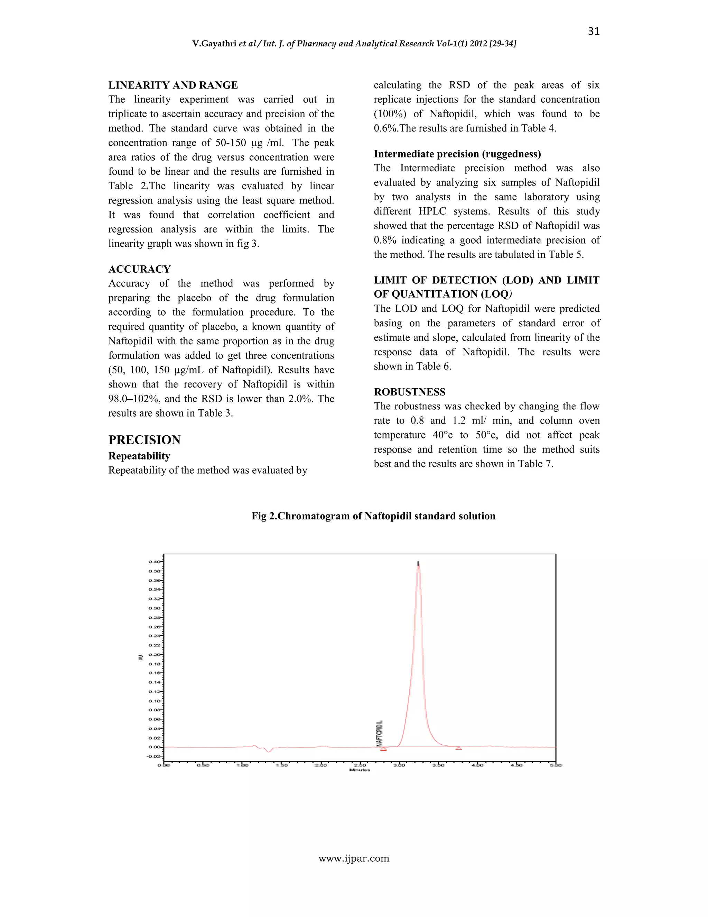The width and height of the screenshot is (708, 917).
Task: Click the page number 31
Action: [x=594, y=31]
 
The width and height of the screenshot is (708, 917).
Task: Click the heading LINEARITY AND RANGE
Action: [x=173, y=85]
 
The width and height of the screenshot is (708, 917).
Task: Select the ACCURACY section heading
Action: [x=139, y=269]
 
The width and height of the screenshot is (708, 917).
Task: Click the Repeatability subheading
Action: [x=139, y=456]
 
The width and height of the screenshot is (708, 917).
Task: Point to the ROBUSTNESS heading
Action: [x=409, y=392]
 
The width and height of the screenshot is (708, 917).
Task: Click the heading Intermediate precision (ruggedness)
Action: [x=457, y=154]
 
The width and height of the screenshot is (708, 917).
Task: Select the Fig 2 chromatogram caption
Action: [x=373, y=516]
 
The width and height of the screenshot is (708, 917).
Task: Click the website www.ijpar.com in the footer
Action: [x=354, y=859]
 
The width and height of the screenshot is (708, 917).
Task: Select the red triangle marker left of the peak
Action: [x=383, y=748]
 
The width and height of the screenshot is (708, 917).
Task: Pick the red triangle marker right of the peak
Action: [x=459, y=748]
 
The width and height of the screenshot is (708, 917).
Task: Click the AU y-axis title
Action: [x=141, y=657]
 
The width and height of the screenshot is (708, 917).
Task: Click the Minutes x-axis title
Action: [x=360, y=770]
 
